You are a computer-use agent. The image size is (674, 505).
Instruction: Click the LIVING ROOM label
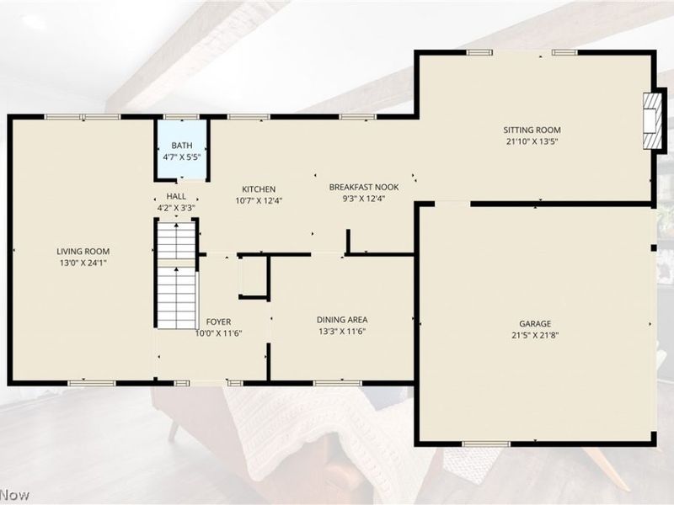point(83,252)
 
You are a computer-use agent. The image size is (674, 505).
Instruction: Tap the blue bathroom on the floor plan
point(182,149)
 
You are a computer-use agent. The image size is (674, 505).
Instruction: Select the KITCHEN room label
point(259,189)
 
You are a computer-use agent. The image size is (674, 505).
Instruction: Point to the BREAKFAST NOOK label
point(364,187)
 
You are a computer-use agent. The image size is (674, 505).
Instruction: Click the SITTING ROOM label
point(532,130)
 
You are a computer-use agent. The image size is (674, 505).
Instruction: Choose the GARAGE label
point(535,324)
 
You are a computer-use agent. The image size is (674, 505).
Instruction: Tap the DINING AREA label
point(342,320)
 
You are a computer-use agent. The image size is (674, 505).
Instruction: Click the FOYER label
point(218,322)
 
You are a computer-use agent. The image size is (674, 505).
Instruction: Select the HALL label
point(176,196)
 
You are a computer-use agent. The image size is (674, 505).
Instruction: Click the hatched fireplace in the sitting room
point(652,121)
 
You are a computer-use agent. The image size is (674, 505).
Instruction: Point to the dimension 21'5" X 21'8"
point(535,335)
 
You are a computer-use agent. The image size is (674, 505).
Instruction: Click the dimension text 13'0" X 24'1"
point(83,263)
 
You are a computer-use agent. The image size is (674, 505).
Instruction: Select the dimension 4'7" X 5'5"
point(182,157)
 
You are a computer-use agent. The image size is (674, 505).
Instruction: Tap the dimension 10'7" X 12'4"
point(259,200)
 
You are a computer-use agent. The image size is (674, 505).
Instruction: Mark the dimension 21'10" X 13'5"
point(532,141)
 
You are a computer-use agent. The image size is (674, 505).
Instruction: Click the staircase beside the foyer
point(176,275)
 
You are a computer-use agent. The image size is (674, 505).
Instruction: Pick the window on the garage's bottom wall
point(486,444)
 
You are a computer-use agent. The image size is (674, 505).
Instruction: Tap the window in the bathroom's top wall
point(181,117)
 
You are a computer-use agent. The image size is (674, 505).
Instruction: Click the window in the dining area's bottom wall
point(338,383)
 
